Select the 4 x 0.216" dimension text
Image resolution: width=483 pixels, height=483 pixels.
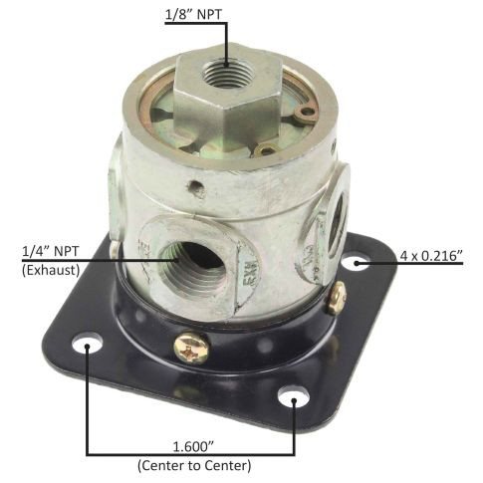pyautogui.click(x=430, y=256)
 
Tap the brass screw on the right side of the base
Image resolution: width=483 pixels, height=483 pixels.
pyautogui.click(x=337, y=296)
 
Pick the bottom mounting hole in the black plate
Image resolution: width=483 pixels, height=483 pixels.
pyautogui.click(x=293, y=399)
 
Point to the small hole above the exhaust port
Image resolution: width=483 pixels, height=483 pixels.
pyautogui.click(x=197, y=187)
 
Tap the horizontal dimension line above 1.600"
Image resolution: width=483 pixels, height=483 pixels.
pyautogui.click(x=189, y=453)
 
